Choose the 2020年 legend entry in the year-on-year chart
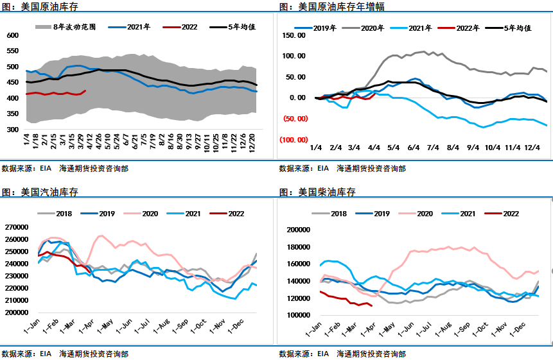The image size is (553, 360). point(373,28)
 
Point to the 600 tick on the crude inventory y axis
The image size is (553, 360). point(13,35)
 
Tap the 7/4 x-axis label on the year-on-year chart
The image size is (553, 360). point(432,148)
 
